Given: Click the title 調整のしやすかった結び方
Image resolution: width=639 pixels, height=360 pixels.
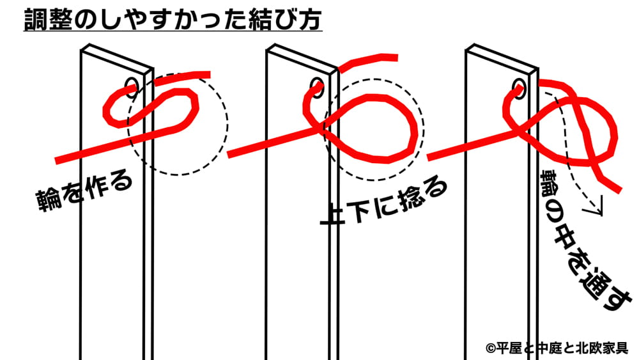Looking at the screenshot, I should (x=173, y=21).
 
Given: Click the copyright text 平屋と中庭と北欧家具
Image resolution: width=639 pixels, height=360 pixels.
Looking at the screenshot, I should (x=557, y=348).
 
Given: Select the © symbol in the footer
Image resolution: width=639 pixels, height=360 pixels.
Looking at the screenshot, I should (x=490, y=348).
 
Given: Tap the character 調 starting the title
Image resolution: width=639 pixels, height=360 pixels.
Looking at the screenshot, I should (x=35, y=21).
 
